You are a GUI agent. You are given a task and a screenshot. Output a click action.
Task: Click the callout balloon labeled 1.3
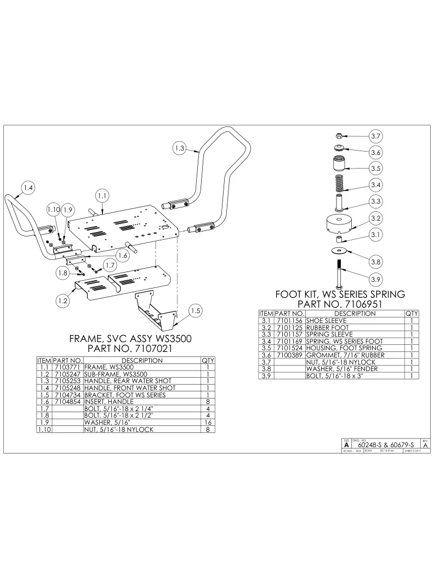180,147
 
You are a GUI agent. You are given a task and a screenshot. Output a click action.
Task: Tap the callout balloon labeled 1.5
196,311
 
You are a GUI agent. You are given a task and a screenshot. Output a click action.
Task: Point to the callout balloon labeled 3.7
375,136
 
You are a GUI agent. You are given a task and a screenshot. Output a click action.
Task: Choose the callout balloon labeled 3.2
375,219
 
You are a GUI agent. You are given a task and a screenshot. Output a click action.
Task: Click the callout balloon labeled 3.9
375,279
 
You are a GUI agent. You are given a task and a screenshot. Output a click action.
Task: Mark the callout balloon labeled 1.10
53,210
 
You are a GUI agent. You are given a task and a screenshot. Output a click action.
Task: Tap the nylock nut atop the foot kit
338,135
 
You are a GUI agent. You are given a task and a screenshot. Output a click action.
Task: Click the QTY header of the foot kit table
412,314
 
